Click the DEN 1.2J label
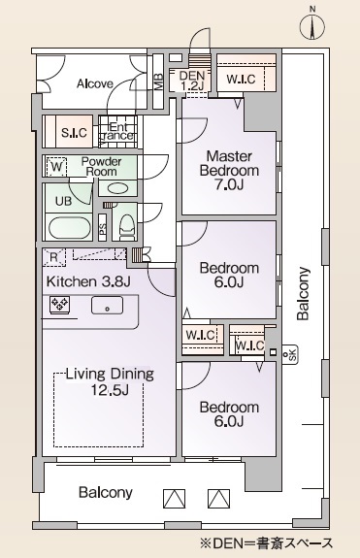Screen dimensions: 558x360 191,80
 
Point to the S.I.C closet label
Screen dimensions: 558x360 74,132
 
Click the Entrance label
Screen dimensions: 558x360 119,131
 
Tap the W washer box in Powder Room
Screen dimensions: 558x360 56,167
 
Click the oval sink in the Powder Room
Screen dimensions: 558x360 117,187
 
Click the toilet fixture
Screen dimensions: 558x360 126,226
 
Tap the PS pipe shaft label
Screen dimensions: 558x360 104,230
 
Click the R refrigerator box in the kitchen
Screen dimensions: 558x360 54,257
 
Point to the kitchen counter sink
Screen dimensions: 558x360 106,306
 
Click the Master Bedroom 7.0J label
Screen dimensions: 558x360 228,170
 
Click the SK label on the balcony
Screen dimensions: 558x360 285,355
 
